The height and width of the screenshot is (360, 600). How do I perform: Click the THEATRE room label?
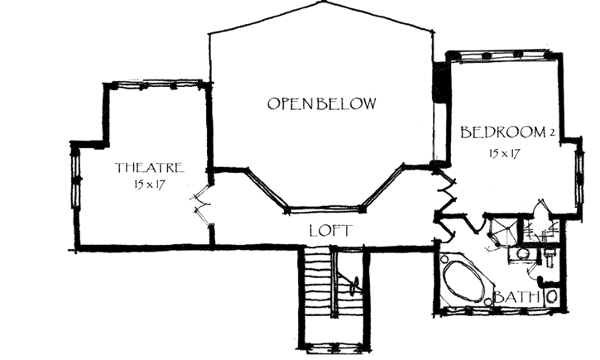pyautogui.click(x=149, y=167)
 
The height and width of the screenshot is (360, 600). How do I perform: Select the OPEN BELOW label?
pyautogui.click(x=321, y=104)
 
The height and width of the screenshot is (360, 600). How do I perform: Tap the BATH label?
pyautogui.click(x=517, y=296)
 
